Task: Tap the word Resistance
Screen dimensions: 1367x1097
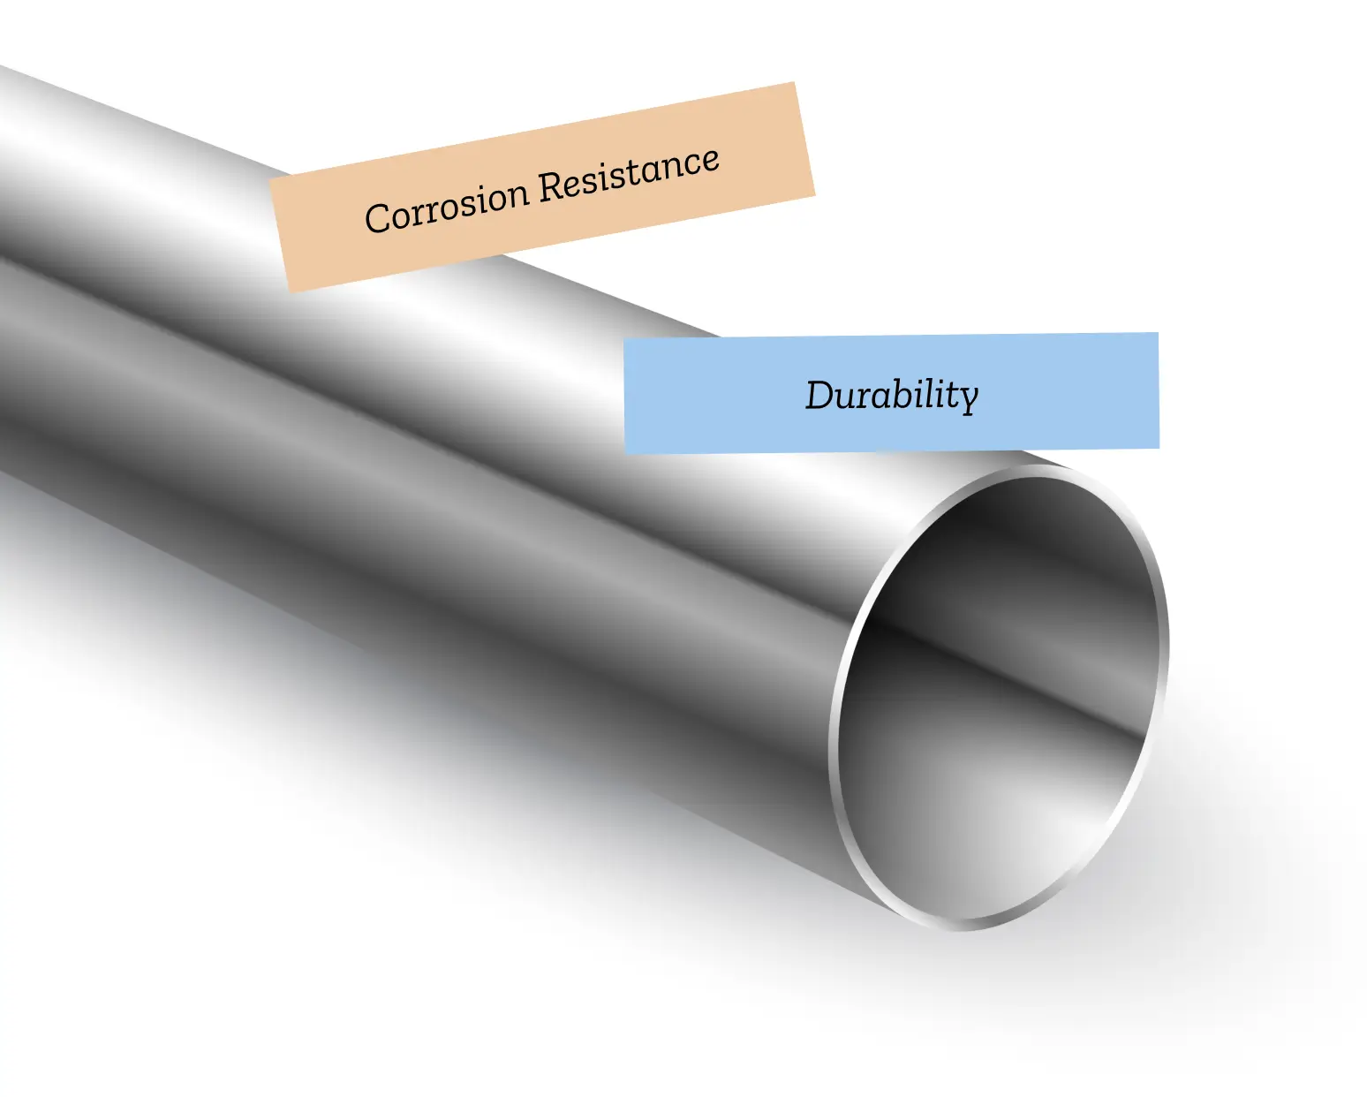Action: [630, 175]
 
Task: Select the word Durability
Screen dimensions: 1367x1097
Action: [892, 396]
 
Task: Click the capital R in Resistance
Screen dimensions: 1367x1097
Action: [553, 187]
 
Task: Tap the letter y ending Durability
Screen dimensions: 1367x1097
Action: [968, 400]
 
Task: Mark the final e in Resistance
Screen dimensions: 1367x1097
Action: [710, 160]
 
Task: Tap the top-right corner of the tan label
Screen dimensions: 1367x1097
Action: [794, 82]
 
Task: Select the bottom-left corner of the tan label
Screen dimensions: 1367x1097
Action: [290, 291]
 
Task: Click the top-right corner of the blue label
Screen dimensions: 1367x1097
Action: [1158, 332]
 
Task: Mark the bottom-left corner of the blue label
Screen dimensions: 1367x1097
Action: [625, 453]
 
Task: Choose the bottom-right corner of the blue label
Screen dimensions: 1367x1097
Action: [1159, 448]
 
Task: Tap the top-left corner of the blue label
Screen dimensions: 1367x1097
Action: [623, 339]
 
